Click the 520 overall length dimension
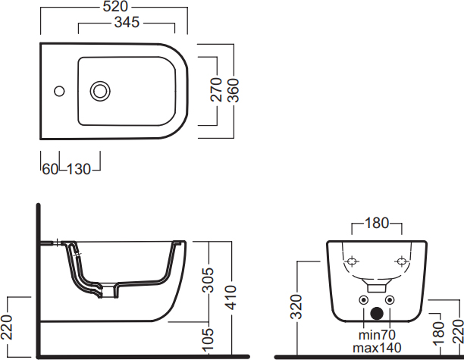point(115,7)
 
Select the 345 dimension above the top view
point(127,22)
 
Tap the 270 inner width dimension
point(216,89)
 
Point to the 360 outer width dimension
point(234,90)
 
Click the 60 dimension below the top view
point(50,169)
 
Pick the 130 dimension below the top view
point(79,169)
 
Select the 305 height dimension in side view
point(208,280)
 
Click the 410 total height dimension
point(231,298)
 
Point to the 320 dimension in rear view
point(296,307)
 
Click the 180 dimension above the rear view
point(377,223)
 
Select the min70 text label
point(377,335)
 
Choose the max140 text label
point(377,348)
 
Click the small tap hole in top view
point(59,91)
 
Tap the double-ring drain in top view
point(100,91)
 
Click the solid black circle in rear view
point(377,314)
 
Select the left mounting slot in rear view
point(352,261)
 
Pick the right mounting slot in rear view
point(402,261)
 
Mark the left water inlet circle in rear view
point(364,300)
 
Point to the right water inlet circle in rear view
point(390,300)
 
